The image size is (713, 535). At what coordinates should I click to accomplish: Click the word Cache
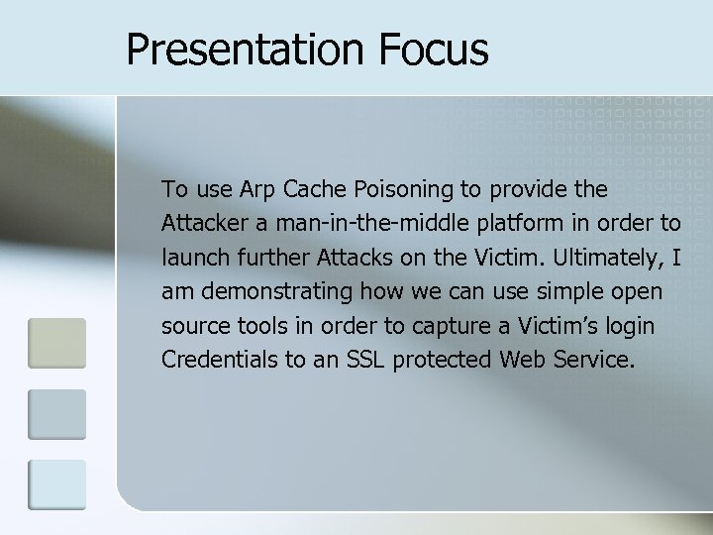(x=316, y=188)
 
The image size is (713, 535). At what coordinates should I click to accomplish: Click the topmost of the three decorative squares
(x=57, y=343)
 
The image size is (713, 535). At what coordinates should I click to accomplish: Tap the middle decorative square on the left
(x=57, y=414)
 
